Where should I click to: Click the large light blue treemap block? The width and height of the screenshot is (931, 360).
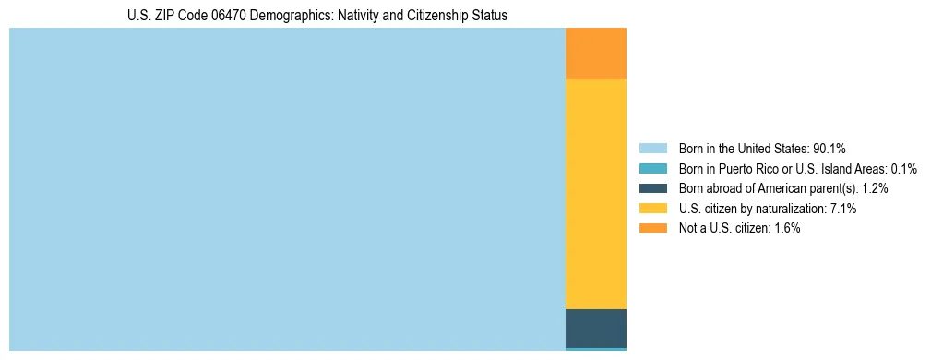pos(286,189)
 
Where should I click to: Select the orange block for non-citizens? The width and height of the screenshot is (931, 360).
pos(595,54)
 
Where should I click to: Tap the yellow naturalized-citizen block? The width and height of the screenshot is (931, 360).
pos(595,194)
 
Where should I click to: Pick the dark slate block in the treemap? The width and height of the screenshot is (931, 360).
pos(595,328)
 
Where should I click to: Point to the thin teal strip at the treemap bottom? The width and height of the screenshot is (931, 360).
pos(595,349)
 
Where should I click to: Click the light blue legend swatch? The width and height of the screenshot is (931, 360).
pos(652,149)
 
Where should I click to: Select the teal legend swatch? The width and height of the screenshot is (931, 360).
pos(652,169)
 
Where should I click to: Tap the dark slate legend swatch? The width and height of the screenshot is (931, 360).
pos(652,188)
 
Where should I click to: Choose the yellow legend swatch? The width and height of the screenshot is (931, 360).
pos(652,209)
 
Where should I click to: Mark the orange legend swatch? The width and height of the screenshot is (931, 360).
pos(652,229)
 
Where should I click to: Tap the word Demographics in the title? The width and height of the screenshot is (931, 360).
pos(289,16)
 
